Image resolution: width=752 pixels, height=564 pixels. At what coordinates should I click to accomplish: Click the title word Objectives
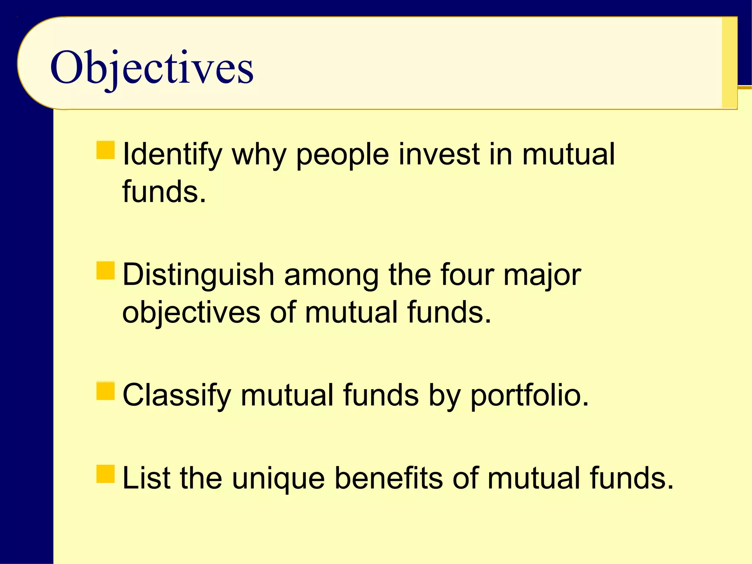[x=152, y=68]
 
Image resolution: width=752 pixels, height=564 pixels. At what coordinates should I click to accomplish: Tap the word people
[x=342, y=155]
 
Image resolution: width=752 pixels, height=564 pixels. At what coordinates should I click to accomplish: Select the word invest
[x=439, y=154]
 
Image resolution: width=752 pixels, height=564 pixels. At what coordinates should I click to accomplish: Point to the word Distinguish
[x=198, y=275]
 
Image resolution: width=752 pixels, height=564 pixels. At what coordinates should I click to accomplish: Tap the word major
[x=542, y=276]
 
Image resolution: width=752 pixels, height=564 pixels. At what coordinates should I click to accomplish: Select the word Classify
[x=177, y=395]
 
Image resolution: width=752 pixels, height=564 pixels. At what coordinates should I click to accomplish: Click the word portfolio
[x=529, y=395]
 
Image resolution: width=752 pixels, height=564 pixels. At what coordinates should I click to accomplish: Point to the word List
[x=146, y=478]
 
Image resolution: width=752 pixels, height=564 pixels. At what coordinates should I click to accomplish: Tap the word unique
[x=278, y=479]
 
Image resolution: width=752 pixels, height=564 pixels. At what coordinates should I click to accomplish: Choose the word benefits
[x=389, y=478]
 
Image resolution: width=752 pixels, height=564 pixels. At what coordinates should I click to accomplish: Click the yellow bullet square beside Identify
[x=105, y=150]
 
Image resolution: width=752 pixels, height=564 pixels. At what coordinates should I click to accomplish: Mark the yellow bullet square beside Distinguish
[x=105, y=271]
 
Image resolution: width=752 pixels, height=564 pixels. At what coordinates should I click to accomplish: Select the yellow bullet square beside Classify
[x=105, y=391]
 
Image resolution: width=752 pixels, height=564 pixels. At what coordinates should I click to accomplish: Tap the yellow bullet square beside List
[x=105, y=474]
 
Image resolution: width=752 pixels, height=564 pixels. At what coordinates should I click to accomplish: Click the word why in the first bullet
[x=259, y=155]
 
